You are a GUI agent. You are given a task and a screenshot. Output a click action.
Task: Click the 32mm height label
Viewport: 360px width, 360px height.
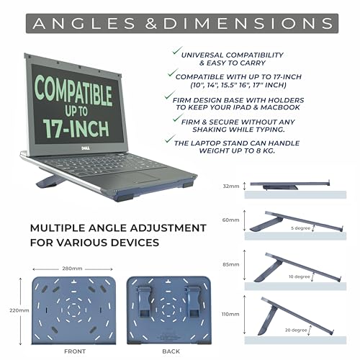tap(231, 186)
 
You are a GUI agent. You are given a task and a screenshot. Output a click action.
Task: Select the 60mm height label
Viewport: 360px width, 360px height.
tap(230, 220)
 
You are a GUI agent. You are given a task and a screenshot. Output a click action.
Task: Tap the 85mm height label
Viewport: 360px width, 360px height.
tap(230, 264)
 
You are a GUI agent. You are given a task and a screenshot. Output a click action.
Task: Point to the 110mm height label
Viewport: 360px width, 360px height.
tap(230, 314)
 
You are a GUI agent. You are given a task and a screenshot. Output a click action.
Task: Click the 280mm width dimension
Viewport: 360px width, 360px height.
tap(72, 269)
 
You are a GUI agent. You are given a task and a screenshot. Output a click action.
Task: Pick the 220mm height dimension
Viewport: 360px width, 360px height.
tap(19, 310)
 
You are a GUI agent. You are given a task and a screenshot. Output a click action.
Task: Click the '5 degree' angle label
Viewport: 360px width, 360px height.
tap(301, 228)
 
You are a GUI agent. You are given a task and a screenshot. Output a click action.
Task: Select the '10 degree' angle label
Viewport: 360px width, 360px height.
tap(300, 276)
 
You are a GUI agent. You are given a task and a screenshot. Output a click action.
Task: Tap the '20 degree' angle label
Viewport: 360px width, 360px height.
tap(296, 330)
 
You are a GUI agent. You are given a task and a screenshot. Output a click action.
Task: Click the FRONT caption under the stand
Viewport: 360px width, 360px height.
tap(75, 351)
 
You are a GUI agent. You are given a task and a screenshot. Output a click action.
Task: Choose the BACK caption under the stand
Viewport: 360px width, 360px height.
tap(171, 351)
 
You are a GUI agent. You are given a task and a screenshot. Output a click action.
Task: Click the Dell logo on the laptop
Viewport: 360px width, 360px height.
tap(85, 148)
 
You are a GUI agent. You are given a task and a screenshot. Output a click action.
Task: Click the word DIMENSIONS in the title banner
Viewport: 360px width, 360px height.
tap(248, 24)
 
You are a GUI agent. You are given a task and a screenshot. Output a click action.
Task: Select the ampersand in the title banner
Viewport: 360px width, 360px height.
tap(151, 24)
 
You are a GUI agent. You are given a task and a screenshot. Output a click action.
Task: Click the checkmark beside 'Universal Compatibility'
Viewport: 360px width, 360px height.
tap(177, 51)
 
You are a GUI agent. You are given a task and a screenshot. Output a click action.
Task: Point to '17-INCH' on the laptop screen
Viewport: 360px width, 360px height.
tap(76, 128)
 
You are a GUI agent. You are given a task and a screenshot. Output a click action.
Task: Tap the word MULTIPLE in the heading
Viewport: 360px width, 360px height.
tap(58, 228)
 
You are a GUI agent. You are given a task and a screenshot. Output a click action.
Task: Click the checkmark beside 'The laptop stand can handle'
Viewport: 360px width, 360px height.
tap(170, 138)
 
